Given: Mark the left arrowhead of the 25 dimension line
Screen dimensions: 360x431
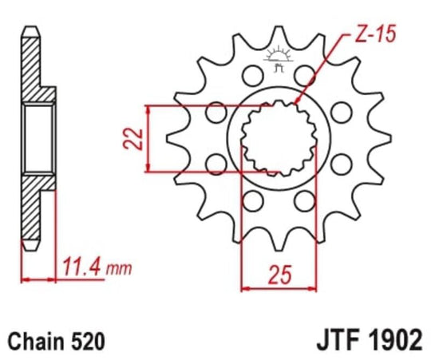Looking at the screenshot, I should click(245, 287).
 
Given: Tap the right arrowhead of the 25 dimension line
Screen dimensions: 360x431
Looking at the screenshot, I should click(315, 287).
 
